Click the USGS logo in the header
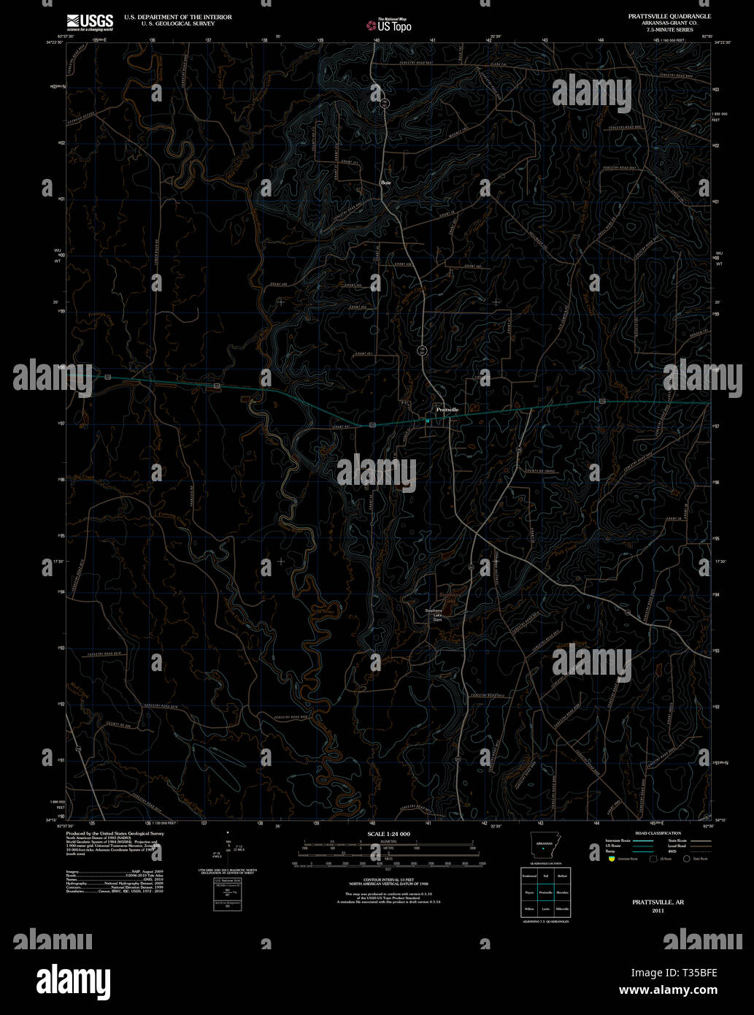pyautogui.click(x=90, y=22)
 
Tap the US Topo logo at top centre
pyautogui.click(x=388, y=26)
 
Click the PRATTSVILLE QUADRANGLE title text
pyautogui.click(x=669, y=16)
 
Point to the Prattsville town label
pyautogui.click(x=447, y=410)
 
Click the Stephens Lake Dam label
pyautogui.click(x=434, y=616)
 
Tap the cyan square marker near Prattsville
pyautogui.click(x=428, y=420)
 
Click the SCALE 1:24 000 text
pyautogui.click(x=388, y=834)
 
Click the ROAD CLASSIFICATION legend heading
pyautogui.click(x=658, y=833)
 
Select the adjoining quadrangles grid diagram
pyautogui.click(x=545, y=892)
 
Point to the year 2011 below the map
pyautogui.click(x=658, y=911)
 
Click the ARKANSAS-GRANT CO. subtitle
pyautogui.click(x=669, y=22)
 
